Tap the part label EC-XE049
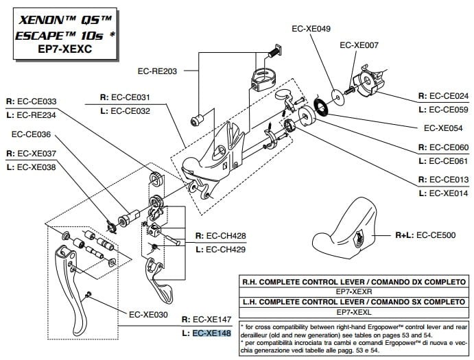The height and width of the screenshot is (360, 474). (x=311, y=29)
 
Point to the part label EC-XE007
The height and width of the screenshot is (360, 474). (x=359, y=45)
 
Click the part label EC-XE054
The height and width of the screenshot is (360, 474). (x=446, y=128)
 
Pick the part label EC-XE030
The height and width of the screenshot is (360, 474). (x=148, y=315)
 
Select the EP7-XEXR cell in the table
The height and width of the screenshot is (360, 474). (x=353, y=291)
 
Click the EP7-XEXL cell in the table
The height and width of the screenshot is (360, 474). (x=353, y=311)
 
